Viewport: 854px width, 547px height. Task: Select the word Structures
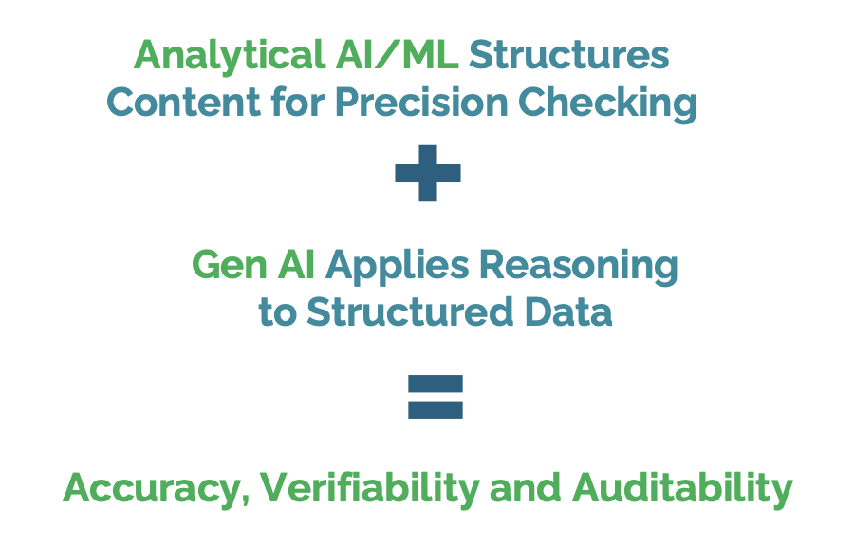coord(569,56)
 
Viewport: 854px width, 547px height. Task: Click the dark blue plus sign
coord(428,173)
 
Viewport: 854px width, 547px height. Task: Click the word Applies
coord(399,267)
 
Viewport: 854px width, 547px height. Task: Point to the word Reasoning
coord(580,267)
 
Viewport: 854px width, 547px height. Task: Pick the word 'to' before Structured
coord(277,311)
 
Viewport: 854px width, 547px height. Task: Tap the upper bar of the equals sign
coord(436,385)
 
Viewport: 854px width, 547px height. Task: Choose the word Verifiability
coord(370,489)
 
